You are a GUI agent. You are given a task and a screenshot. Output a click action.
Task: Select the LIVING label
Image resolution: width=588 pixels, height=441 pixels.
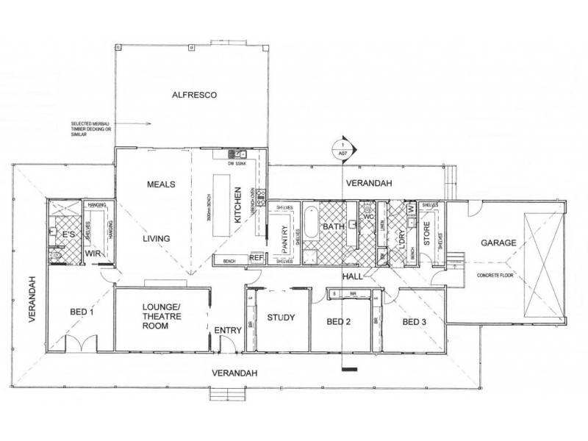pos(157,238)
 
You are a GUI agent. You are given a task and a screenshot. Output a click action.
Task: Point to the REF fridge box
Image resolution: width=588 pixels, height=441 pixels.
pos(257,258)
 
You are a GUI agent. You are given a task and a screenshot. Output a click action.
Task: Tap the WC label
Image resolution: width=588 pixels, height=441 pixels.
pos(369,218)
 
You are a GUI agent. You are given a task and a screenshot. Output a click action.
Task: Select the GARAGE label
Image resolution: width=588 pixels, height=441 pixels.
pos(497,243)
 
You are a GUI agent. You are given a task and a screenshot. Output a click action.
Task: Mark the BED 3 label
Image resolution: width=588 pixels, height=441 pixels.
pos(414,322)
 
